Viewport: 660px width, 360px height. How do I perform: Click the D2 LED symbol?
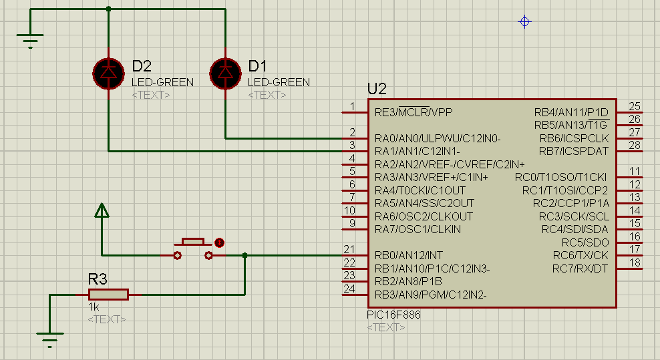(x=109, y=73)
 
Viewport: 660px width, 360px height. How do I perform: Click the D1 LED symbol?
(x=225, y=73)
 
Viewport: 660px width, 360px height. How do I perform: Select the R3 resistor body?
(x=108, y=295)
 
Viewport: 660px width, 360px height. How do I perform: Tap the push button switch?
(x=193, y=248)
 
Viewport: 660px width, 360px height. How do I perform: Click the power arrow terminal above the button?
(x=102, y=210)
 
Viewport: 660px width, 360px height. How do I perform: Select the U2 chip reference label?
(x=377, y=89)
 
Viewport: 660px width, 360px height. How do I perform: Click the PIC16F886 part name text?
(x=393, y=315)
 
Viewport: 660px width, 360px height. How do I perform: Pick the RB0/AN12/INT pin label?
(x=408, y=255)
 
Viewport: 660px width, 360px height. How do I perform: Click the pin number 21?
(x=349, y=249)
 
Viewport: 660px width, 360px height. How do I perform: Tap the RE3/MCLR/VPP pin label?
(x=414, y=112)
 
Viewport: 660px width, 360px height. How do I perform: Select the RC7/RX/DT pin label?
(x=580, y=268)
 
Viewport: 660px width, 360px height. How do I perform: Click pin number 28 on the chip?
(x=635, y=145)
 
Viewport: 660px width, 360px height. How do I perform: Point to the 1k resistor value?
(x=94, y=307)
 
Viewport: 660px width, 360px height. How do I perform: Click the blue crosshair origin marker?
(x=524, y=21)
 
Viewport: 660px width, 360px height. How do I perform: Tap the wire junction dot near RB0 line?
(x=245, y=255)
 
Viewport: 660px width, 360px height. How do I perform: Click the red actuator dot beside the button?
(x=219, y=242)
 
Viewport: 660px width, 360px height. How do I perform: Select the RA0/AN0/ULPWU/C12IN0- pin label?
(x=438, y=138)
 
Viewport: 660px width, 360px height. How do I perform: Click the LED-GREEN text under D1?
(x=279, y=82)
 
